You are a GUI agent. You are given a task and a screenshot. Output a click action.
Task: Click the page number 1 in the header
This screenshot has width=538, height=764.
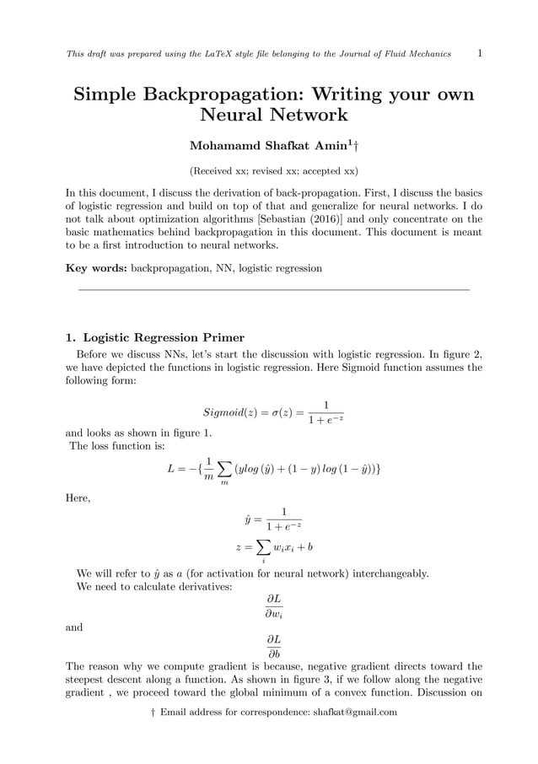tap(479, 54)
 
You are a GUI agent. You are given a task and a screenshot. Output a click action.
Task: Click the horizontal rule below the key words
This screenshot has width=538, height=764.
tap(273, 290)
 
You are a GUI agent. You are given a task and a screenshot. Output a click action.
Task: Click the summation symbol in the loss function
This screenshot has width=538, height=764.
tap(223, 469)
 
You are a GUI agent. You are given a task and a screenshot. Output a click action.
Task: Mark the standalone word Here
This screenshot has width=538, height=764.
tap(78, 498)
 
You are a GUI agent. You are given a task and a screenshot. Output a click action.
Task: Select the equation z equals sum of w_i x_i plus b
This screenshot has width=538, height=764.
tap(274, 548)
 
